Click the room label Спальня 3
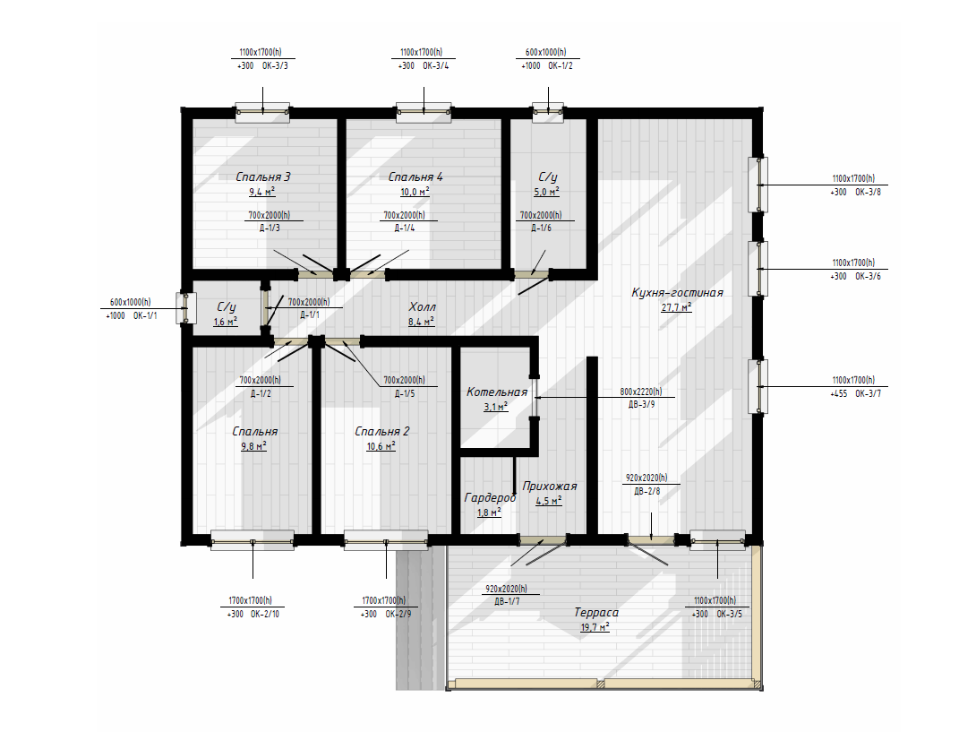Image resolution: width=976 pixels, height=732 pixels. (263, 177)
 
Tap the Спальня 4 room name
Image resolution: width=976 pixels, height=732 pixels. (415, 177)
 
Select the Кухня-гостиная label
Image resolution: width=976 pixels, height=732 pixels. (677, 293)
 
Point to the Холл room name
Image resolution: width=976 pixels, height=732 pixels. (422, 306)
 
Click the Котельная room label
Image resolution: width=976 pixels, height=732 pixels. (497, 392)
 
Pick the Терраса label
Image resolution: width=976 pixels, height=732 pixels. (595, 612)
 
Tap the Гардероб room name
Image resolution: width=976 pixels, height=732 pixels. (490, 498)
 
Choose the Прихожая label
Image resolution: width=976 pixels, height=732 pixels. (550, 486)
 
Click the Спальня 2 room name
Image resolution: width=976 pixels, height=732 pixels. (382, 431)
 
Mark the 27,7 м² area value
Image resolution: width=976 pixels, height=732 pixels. (677, 307)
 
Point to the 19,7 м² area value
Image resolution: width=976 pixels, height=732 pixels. (595, 627)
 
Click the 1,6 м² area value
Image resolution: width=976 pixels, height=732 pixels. (226, 322)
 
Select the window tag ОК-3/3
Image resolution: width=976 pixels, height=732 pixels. (275, 65)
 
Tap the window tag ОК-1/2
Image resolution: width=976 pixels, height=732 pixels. (561, 65)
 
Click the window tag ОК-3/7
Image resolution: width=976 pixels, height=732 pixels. (869, 393)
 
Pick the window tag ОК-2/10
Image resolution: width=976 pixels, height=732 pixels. (265, 615)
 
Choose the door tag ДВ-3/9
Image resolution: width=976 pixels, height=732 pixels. (642, 404)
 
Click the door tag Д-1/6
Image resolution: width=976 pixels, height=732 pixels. (541, 228)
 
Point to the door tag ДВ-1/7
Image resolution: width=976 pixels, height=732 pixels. (507, 602)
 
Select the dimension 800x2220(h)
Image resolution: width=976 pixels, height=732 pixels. (641, 392)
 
